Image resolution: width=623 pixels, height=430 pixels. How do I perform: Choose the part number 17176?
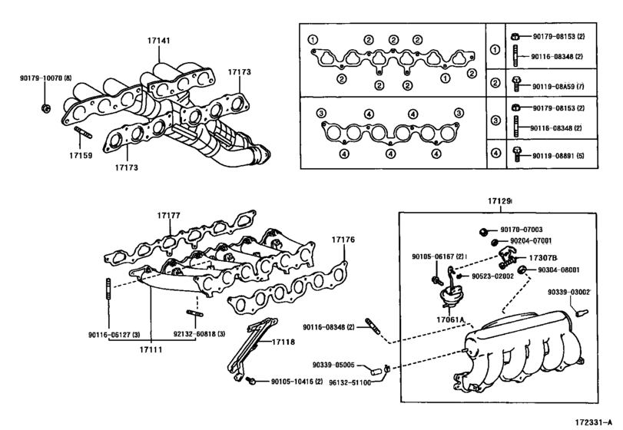pos(343,240)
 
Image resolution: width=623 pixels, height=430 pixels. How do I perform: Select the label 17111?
pos(151,349)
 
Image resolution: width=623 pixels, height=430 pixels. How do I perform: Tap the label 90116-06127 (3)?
pos(113,335)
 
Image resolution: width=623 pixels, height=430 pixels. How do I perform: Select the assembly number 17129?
pos(499,202)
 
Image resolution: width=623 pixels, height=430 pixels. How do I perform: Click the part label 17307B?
pos(543,258)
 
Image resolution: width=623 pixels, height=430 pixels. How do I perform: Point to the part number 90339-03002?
pos(569,292)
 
